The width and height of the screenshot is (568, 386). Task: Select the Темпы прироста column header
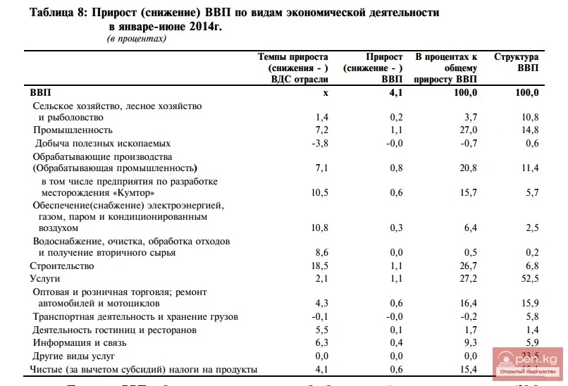(293, 68)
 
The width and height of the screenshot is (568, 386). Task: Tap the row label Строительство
(61, 266)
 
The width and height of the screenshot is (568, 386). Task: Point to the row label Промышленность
(73, 130)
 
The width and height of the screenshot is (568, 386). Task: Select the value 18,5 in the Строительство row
(319, 266)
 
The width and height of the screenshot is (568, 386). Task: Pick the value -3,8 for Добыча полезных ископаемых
(319, 144)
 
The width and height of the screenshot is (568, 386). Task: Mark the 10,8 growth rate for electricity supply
(319, 228)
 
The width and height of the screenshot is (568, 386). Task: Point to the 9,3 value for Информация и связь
(470, 343)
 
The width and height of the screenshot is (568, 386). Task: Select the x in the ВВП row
(326, 92)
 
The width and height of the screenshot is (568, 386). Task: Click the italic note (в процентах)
(137, 39)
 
